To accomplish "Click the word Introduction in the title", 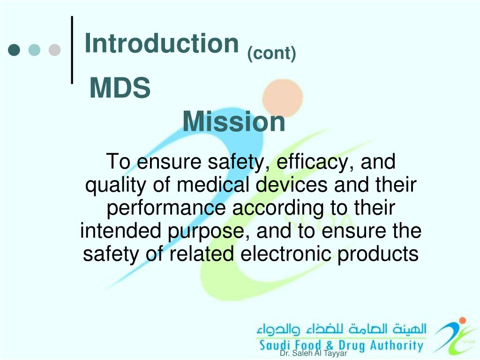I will pos(162,44).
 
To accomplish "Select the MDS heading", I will pos(120,88).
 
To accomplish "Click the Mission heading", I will pos(234,122).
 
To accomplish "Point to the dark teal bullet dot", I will pos(15,50).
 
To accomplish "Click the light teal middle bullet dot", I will pos(35,50).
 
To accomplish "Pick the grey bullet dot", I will pos(55,50).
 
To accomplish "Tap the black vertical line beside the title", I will pos(72,50).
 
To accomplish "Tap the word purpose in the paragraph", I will pos(208,232).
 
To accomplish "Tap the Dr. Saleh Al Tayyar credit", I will pos(313,354).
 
